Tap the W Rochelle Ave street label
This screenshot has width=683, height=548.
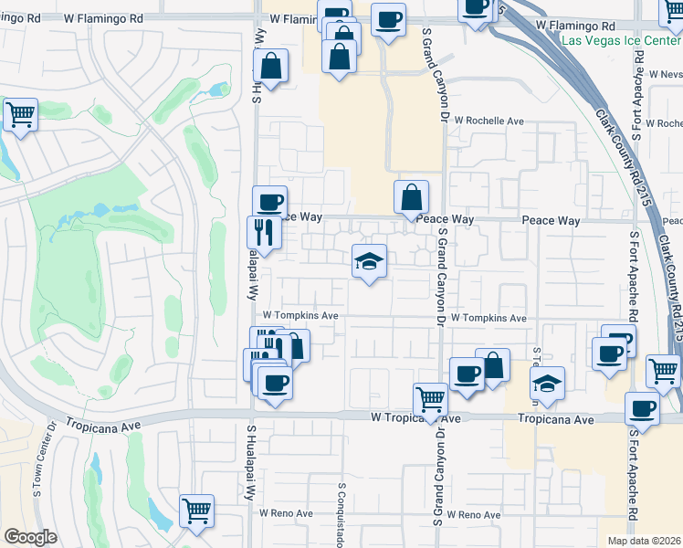(x=489, y=121)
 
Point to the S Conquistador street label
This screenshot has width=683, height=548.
(x=341, y=512)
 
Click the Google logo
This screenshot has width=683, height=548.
(x=29, y=537)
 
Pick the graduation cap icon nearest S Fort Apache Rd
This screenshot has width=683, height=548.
(x=548, y=383)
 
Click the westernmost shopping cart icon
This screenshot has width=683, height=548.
(x=20, y=114)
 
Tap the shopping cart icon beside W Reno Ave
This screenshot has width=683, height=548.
(x=196, y=511)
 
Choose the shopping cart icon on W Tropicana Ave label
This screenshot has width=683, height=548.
(x=430, y=398)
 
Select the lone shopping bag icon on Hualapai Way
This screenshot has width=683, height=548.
(x=271, y=65)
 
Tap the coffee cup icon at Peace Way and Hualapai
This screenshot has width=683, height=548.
(x=269, y=202)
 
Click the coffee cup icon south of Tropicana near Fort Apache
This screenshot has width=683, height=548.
(x=642, y=408)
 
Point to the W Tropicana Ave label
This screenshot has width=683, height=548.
(x=405, y=417)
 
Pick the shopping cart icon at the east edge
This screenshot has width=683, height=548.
(x=663, y=371)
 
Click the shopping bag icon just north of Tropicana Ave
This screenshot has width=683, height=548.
(x=492, y=365)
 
